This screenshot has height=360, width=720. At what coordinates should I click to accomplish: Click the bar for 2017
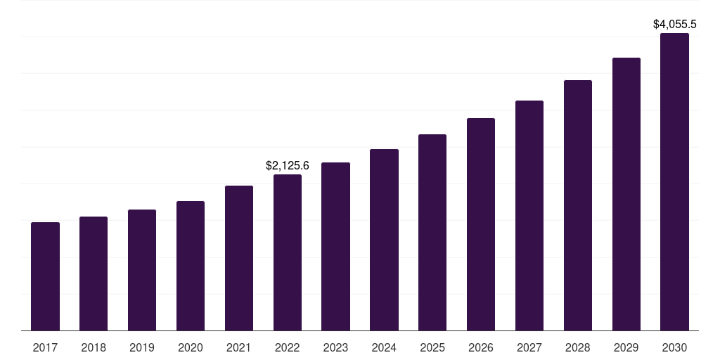[x=45, y=276]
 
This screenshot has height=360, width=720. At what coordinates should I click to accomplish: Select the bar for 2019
[x=142, y=270]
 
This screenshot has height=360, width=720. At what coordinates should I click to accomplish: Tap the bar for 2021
[x=239, y=258]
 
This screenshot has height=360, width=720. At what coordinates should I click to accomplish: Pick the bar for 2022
[x=288, y=252]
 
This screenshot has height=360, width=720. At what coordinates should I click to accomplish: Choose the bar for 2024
[x=384, y=240]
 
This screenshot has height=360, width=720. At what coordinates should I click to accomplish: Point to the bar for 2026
[x=481, y=224]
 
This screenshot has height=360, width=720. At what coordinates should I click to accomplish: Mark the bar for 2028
[x=578, y=205]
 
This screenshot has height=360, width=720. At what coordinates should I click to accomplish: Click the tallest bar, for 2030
[x=675, y=181]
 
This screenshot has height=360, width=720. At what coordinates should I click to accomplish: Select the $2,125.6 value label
[x=288, y=166]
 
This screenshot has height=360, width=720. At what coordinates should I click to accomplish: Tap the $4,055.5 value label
[x=675, y=25]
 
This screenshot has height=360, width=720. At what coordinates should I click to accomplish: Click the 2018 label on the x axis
[x=94, y=347]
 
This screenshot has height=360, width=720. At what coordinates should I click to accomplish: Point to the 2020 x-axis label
[x=191, y=347]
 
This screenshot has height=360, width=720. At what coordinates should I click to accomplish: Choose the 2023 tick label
[x=335, y=347]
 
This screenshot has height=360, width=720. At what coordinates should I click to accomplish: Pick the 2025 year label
[x=432, y=347]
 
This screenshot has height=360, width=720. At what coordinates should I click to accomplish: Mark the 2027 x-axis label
[x=529, y=347]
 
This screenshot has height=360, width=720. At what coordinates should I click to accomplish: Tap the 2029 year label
[x=626, y=347]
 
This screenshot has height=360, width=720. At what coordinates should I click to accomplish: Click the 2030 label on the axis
[x=675, y=347]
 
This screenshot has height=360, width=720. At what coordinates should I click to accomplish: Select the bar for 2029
[x=626, y=194]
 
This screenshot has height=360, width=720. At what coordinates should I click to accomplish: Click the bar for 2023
[x=335, y=246]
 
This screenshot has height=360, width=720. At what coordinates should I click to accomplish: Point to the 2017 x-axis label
[x=45, y=347]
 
